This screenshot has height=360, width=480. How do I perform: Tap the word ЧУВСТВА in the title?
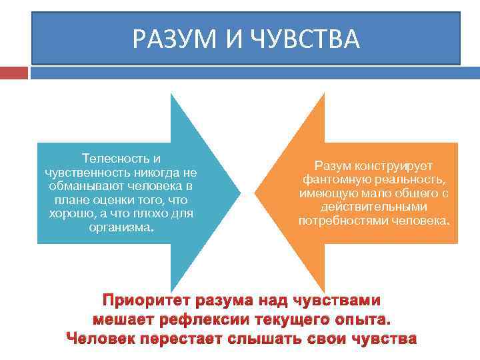coord(306,39)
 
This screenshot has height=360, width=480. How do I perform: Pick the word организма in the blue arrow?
coord(120,227)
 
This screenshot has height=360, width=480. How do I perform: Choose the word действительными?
coord(374,207)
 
